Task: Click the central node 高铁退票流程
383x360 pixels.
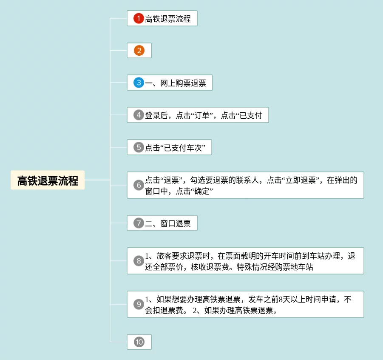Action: [x=48, y=181]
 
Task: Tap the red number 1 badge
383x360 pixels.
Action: [x=139, y=19]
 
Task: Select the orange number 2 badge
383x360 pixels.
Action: [x=139, y=51]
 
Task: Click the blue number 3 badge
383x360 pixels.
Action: [x=139, y=83]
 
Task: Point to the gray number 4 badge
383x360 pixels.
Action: [x=139, y=115]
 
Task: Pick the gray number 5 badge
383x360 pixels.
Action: [x=139, y=147]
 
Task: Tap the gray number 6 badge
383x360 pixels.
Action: [x=139, y=185]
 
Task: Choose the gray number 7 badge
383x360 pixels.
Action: [x=139, y=223]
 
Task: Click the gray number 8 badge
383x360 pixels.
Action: [x=139, y=261]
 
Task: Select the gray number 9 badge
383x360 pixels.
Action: [x=139, y=304]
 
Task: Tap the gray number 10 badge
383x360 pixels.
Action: [x=139, y=342]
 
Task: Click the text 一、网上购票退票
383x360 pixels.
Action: [x=176, y=83]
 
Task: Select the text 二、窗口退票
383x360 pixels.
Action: [x=168, y=223]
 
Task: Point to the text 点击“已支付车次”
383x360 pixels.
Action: [x=176, y=148]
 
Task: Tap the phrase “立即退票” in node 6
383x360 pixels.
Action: [x=302, y=180]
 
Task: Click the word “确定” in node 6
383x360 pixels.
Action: [x=201, y=191]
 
